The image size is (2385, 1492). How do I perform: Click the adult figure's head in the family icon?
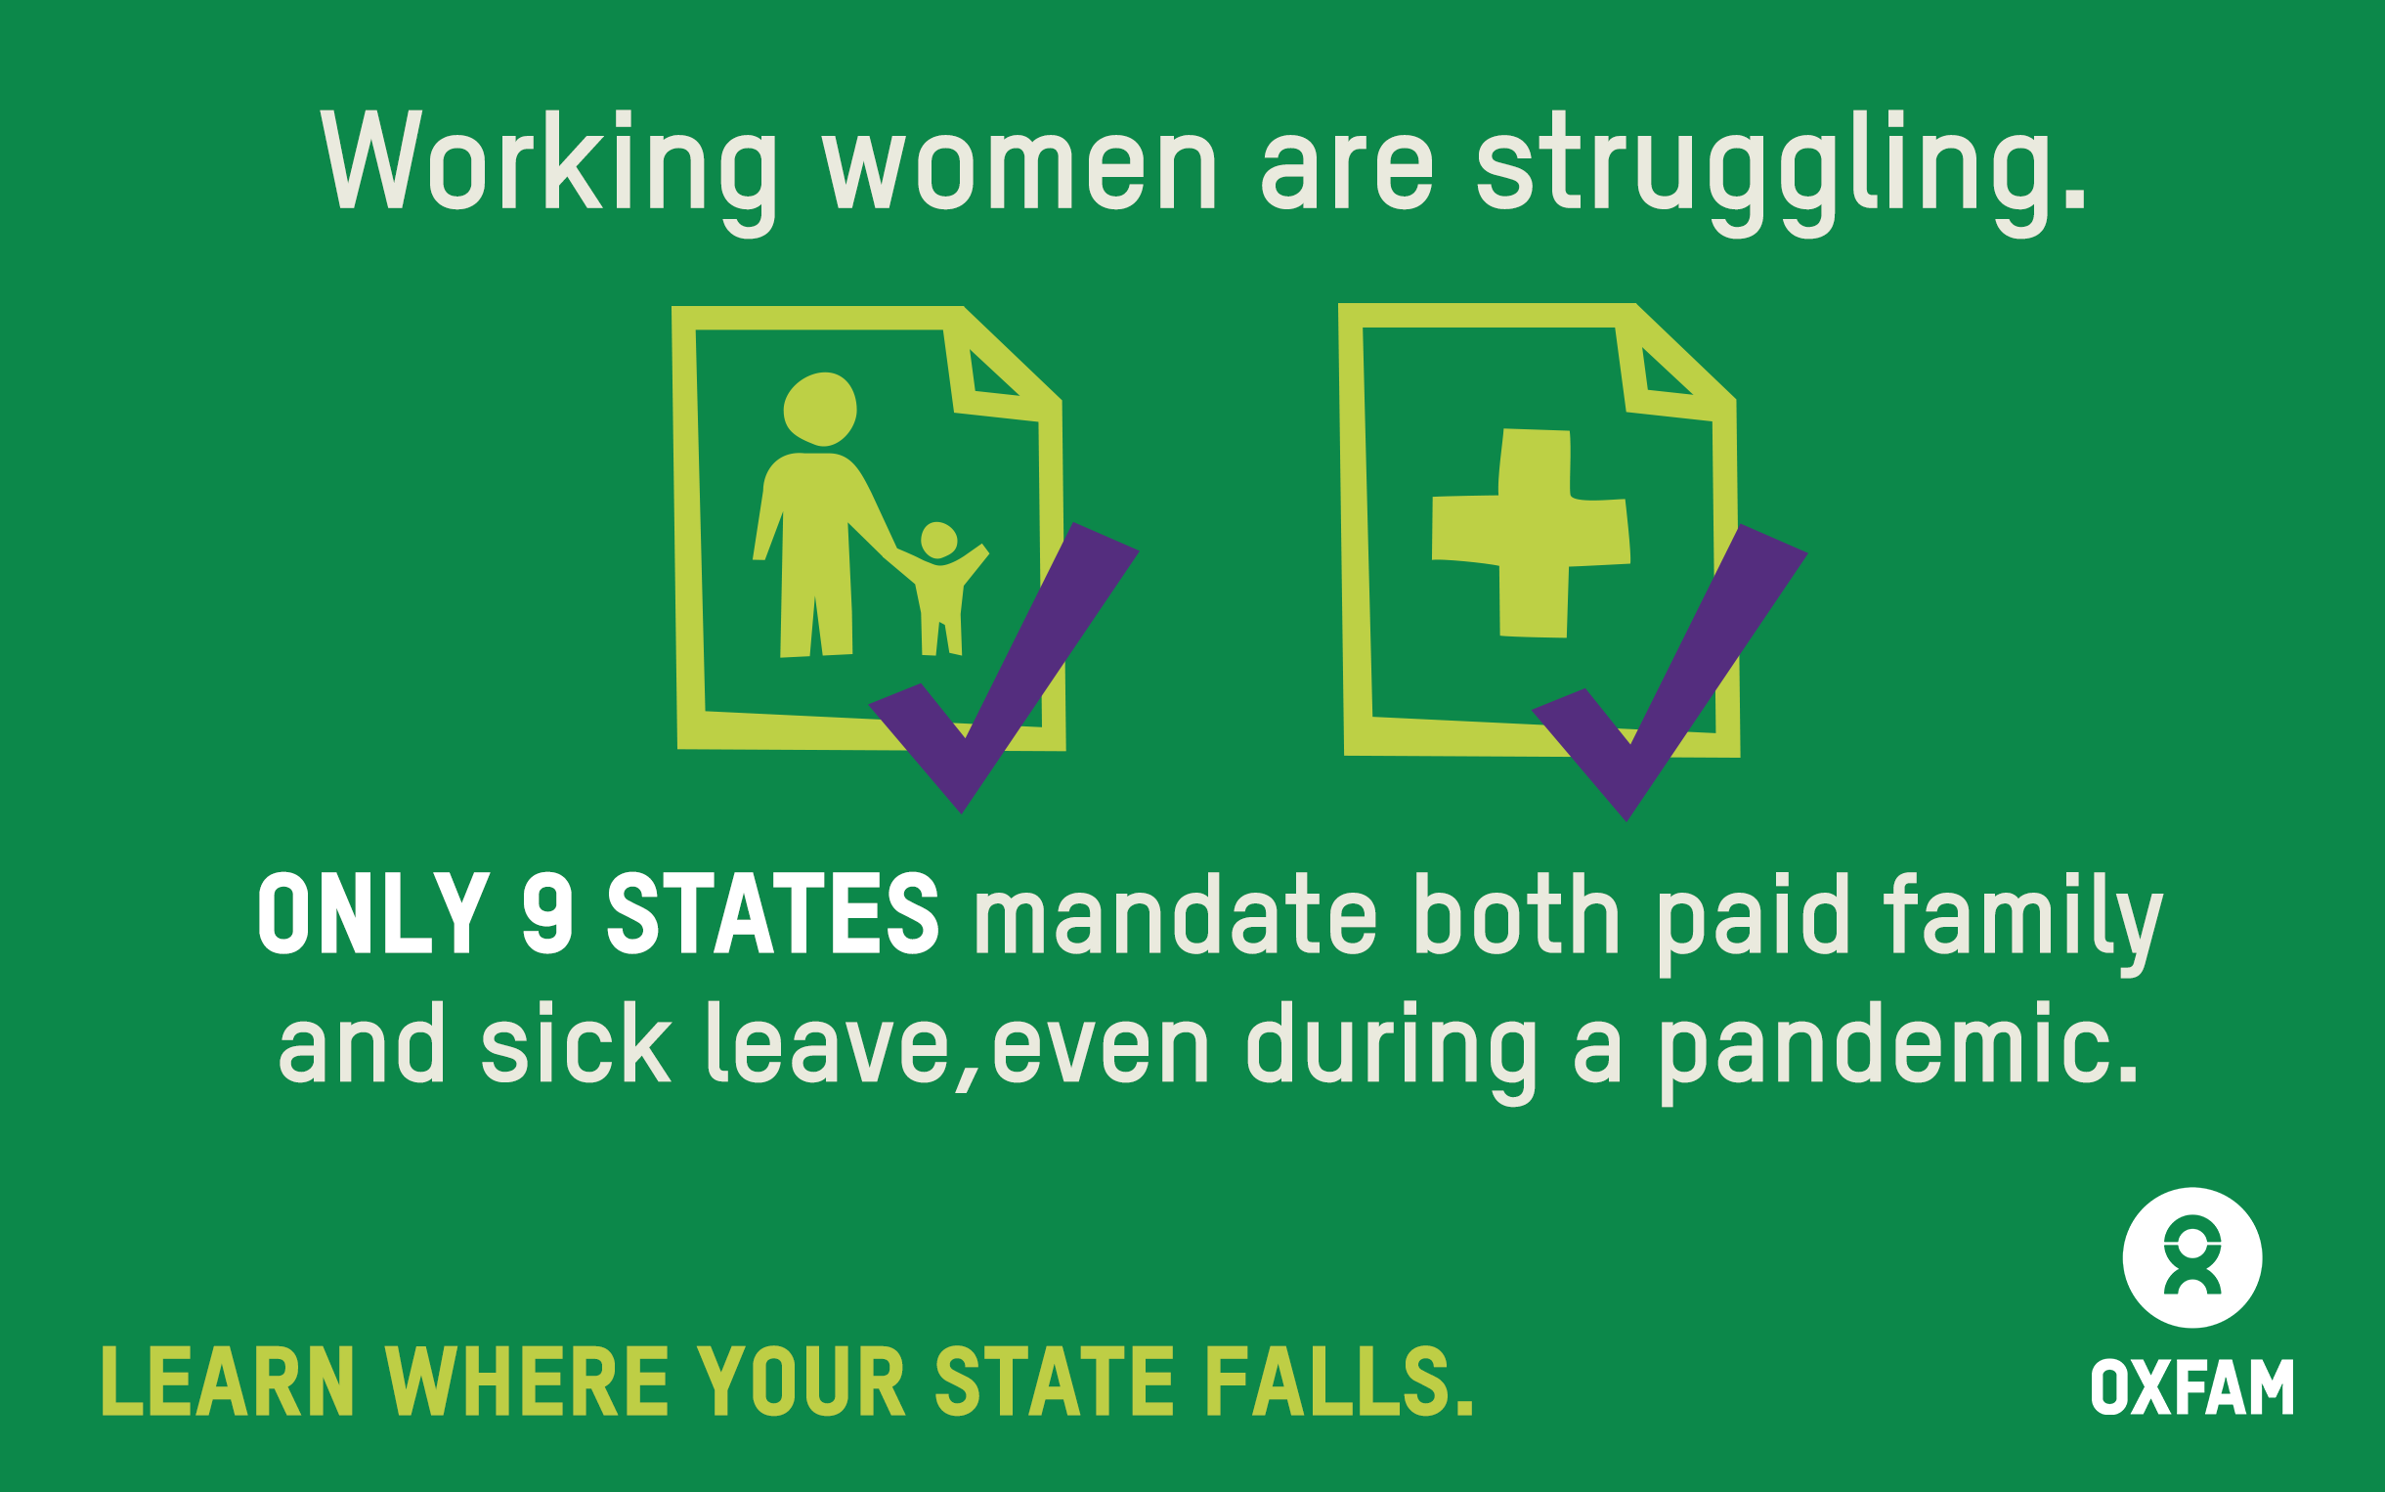coord(820,409)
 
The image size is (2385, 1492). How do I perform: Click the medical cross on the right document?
coord(1531,533)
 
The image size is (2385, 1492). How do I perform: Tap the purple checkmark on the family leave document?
coord(1004,667)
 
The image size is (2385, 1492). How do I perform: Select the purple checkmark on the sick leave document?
coord(1669,672)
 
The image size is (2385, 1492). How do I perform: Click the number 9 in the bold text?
coord(547,914)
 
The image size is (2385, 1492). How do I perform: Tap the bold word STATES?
coord(772,914)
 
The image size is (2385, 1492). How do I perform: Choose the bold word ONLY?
coord(373,914)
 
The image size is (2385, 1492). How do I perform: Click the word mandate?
coord(1175,915)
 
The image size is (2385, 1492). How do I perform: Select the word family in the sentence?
coord(2022,924)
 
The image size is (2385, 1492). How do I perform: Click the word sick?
coord(576,1043)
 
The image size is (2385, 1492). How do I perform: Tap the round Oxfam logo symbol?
coord(2192,1258)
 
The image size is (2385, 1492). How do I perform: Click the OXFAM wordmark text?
coord(2191,1387)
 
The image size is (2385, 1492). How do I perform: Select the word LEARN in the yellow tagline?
coord(228,1382)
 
